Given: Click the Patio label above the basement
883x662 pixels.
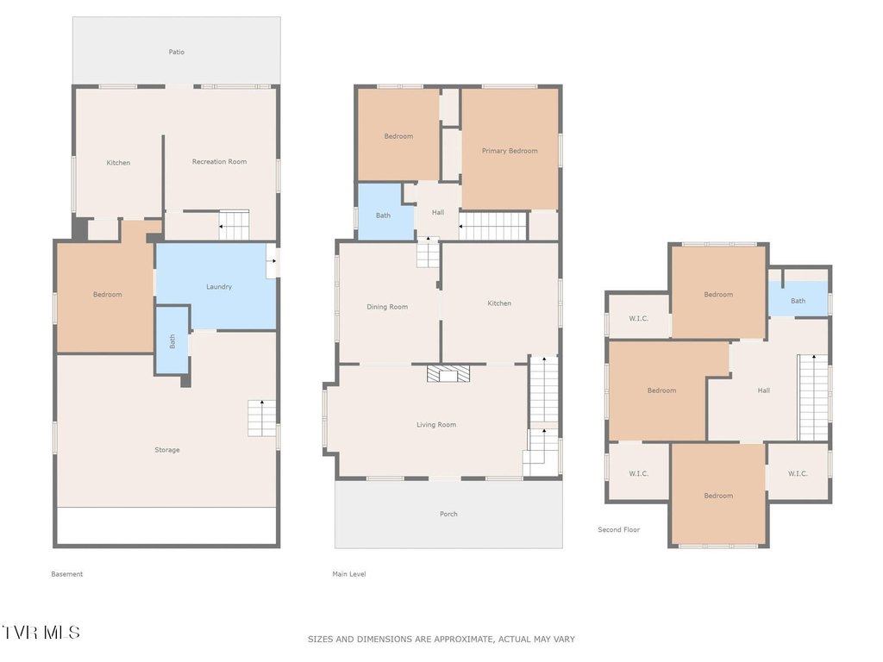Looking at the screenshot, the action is click(176, 52).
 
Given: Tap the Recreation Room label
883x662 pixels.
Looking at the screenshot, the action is click(219, 161).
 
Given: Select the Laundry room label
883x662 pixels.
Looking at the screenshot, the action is click(218, 286).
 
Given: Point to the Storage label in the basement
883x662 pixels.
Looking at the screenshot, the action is click(167, 450).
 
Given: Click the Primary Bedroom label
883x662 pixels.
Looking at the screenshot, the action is click(510, 151).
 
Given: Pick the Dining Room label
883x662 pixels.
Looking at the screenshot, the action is click(387, 307).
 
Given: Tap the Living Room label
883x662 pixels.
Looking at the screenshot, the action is click(436, 424).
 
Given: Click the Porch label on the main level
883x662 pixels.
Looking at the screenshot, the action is click(448, 514).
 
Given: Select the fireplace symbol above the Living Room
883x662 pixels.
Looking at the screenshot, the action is click(448, 373).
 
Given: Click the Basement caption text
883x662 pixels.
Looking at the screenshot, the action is click(67, 574).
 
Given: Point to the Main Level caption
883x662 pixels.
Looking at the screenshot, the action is click(349, 574).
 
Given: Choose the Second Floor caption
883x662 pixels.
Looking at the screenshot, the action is click(619, 530).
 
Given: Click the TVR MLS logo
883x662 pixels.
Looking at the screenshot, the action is click(41, 632).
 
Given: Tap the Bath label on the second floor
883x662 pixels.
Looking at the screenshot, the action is click(798, 301).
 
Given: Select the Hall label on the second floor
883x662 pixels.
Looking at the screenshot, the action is click(764, 390).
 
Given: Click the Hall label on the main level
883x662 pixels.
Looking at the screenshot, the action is click(437, 212).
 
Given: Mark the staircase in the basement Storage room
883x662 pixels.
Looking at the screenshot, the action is click(262, 418).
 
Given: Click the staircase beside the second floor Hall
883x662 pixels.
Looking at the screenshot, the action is click(813, 397).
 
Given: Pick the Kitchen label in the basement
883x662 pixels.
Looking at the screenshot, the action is click(118, 163).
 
